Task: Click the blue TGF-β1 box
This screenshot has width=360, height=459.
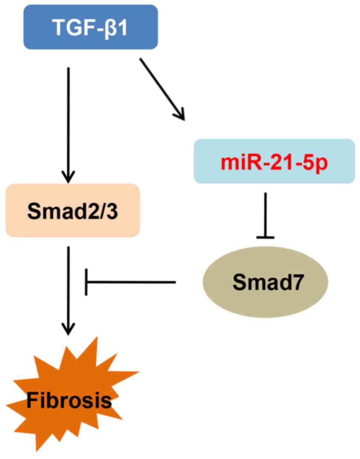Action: tap(91, 27)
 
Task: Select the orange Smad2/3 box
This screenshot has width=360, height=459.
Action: tap(72, 210)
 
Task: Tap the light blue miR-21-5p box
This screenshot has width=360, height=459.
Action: tap(274, 161)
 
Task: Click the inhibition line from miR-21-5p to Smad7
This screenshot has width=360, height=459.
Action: tap(265, 214)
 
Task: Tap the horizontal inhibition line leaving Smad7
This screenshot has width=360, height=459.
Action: tap(130, 282)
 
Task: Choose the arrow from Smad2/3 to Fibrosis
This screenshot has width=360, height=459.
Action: tap(68, 286)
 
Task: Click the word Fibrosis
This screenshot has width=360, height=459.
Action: tap(69, 401)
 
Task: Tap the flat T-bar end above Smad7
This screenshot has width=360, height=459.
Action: tap(265, 237)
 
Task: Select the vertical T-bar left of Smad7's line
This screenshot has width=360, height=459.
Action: tap(86, 282)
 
